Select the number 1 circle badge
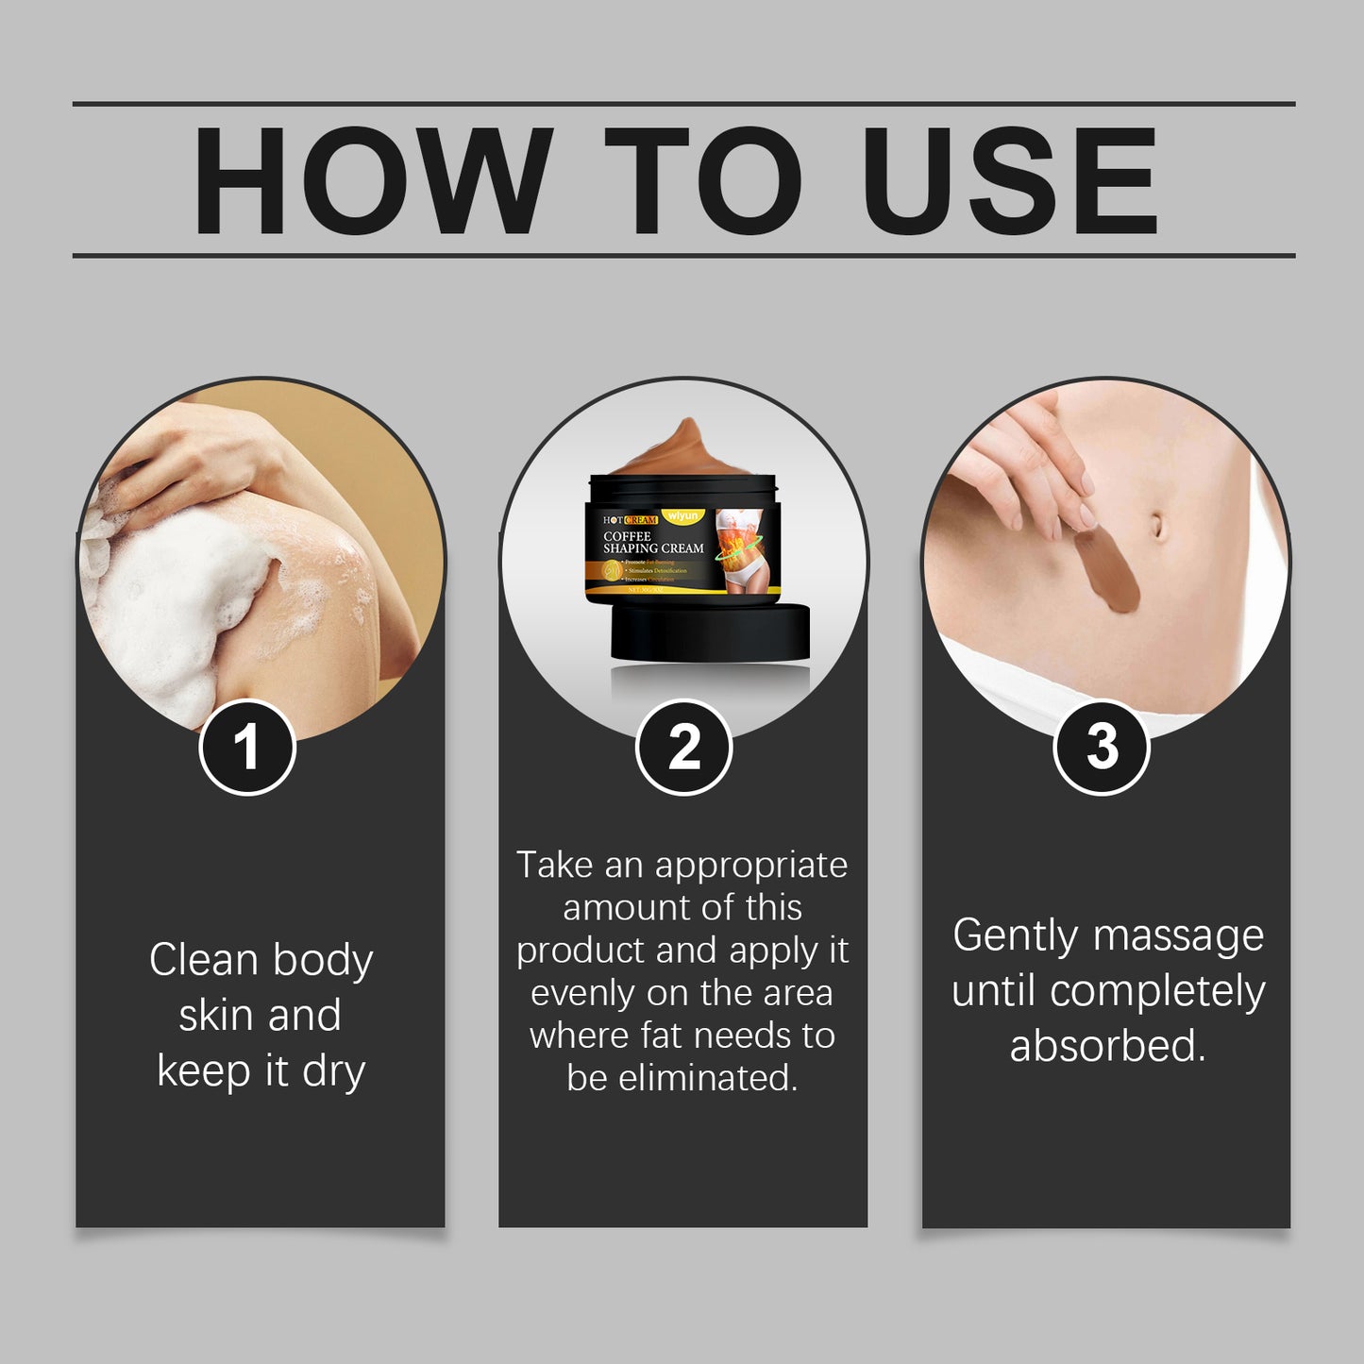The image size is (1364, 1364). (x=247, y=748)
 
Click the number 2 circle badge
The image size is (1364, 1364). (x=683, y=748)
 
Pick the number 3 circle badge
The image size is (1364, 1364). (x=1101, y=748)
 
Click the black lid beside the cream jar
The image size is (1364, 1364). (x=710, y=632)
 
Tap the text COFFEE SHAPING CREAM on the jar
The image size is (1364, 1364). (x=653, y=543)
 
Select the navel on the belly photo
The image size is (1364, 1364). (x=1157, y=525)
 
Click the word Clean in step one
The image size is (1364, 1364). (x=203, y=960)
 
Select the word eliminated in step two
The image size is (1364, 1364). (x=707, y=1078)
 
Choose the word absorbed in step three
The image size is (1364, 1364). (x=1107, y=1046)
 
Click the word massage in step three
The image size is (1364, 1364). (x=1178, y=936)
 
